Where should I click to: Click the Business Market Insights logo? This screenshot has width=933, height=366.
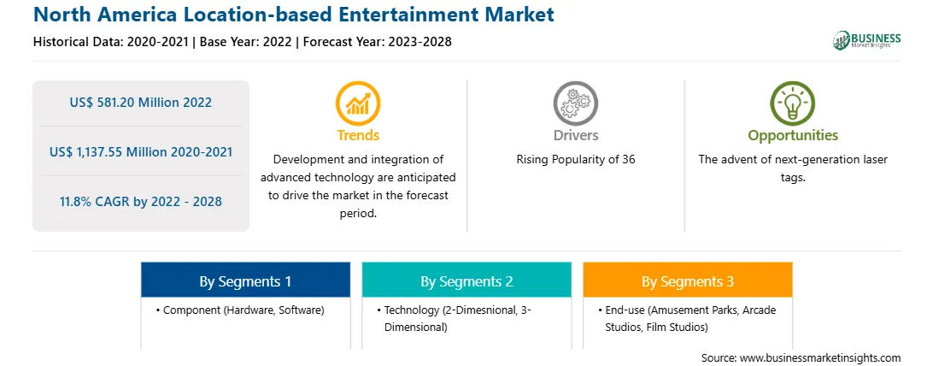(x=866, y=40)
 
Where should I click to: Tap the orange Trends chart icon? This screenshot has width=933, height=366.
(x=358, y=103)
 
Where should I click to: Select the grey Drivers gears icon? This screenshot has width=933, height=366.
(x=575, y=103)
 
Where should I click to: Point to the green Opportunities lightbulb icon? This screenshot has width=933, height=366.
(x=793, y=103)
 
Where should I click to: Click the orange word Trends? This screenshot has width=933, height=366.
(x=358, y=135)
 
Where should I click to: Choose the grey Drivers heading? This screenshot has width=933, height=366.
(x=575, y=135)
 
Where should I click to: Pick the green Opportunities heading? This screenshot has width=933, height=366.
(x=793, y=136)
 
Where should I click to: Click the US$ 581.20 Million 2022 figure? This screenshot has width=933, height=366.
(x=140, y=103)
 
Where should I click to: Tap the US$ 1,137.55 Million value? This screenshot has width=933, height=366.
(x=114, y=151)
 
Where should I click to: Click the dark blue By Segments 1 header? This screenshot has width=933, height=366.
(x=246, y=280)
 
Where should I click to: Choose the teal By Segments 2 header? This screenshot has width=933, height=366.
(x=466, y=280)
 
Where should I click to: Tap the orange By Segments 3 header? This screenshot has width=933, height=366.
(x=688, y=280)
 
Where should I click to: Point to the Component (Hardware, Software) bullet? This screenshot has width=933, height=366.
(x=240, y=310)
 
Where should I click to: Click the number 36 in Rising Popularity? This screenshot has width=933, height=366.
(x=628, y=160)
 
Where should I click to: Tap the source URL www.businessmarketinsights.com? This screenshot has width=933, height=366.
(x=820, y=357)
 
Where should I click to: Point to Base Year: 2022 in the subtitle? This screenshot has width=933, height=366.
(x=245, y=42)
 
